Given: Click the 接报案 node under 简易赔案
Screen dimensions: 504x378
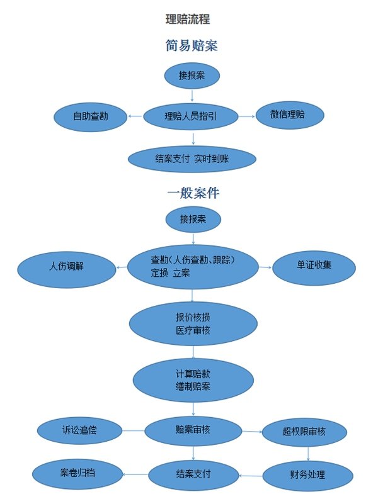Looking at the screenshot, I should click(x=192, y=76).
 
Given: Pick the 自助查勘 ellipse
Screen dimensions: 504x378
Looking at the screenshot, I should click(x=90, y=116).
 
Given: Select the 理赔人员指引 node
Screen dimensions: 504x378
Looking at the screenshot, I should click(x=191, y=116).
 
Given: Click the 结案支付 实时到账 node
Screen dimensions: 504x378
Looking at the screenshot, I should click(x=192, y=159).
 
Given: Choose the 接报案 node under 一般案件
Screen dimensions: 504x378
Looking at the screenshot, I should click(x=193, y=220).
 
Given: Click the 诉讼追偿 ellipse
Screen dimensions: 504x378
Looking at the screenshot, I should click(x=79, y=431).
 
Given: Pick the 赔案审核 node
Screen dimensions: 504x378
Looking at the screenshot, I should click(x=193, y=431).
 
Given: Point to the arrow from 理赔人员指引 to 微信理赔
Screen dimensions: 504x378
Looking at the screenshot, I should click(x=246, y=116).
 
